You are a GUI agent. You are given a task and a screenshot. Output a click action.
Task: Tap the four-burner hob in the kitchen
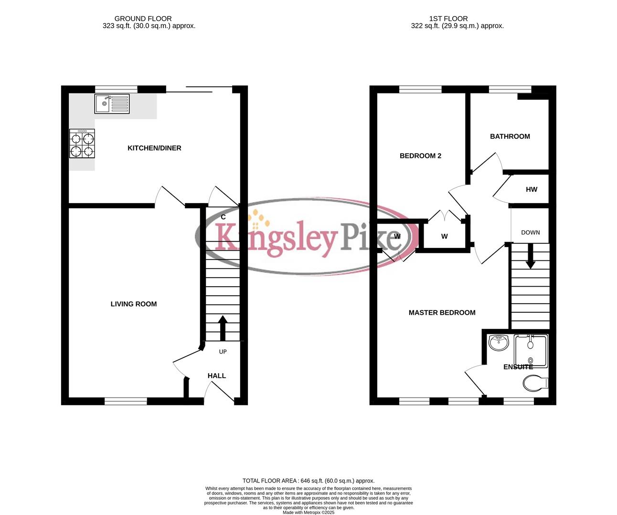click(82, 145)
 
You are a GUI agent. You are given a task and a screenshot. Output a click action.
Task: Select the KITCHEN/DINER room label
click(154, 148)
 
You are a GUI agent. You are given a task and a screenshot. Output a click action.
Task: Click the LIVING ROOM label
click(134, 304)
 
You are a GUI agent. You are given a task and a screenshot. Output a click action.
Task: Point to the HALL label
click(217, 376)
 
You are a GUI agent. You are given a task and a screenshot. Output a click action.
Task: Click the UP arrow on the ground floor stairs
click(223, 328)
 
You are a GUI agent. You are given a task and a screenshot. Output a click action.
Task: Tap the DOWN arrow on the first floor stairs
click(530, 258)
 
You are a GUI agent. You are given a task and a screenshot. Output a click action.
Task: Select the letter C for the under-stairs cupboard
click(223, 217)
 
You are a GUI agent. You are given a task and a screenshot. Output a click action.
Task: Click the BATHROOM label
click(510, 136)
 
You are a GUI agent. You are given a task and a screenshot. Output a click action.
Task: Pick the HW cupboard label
click(532, 189)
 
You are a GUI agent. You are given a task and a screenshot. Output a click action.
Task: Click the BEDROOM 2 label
click(420, 156)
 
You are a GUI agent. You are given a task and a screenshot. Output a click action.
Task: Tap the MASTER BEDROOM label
click(442, 313)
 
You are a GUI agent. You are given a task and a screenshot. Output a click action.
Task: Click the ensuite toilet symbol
click(535, 382)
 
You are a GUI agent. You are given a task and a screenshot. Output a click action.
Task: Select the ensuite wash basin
click(499, 343)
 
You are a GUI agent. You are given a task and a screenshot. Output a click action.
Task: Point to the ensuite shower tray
click(531, 350)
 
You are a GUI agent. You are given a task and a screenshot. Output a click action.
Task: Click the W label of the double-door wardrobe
click(445, 237)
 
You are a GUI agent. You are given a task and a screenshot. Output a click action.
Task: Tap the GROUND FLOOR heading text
click(143, 19)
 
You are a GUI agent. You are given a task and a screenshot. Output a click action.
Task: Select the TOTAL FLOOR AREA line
click(308, 481)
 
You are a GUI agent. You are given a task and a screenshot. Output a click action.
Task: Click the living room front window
click(126, 402)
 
